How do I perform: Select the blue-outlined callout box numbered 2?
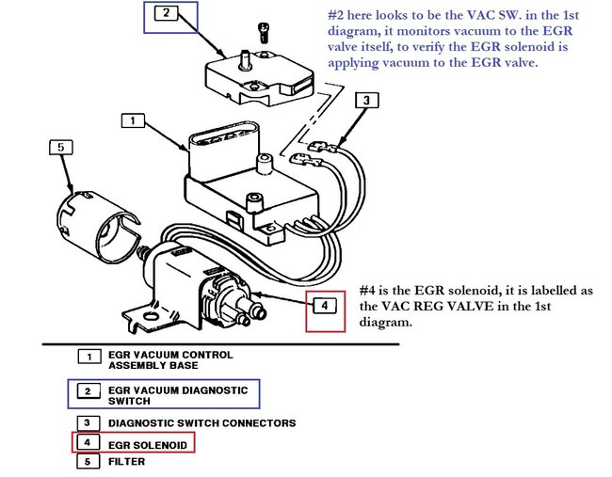click(166, 13)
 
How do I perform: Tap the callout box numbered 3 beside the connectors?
click(367, 100)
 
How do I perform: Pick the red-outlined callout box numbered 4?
click(322, 305)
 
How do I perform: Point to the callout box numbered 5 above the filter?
click(61, 148)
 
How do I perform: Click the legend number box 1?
click(89, 357)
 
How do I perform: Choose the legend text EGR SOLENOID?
click(152, 441)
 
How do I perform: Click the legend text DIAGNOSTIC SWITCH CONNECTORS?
click(202, 422)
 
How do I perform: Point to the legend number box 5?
click(89, 461)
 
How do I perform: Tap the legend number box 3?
click(89, 422)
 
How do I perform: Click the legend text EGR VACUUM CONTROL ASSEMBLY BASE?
click(170, 361)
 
